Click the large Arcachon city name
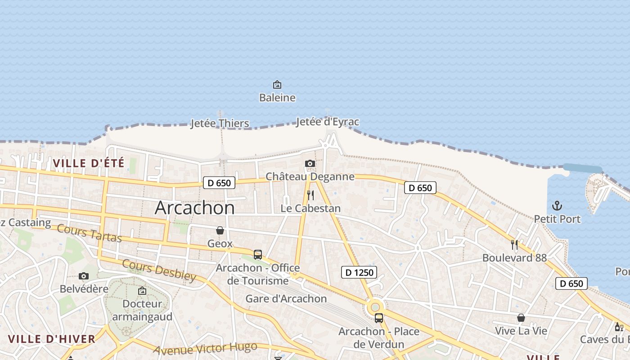(x=194, y=207)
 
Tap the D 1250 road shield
(x=359, y=272)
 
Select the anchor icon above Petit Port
(x=557, y=206)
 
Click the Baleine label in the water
(x=277, y=97)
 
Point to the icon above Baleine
(x=277, y=85)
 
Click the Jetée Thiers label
(x=220, y=123)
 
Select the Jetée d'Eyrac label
(x=328, y=122)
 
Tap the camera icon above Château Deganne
(x=310, y=163)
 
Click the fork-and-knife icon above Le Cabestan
(x=310, y=195)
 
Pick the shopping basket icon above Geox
(x=220, y=231)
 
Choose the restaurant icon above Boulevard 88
(x=514, y=245)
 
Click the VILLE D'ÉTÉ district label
(x=88, y=163)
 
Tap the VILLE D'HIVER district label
(x=52, y=339)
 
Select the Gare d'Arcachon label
(x=286, y=298)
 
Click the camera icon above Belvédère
(x=84, y=276)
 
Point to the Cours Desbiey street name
(x=159, y=270)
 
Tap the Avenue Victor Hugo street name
(x=205, y=348)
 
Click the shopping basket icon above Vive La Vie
(x=521, y=318)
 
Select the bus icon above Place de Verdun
(x=379, y=318)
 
